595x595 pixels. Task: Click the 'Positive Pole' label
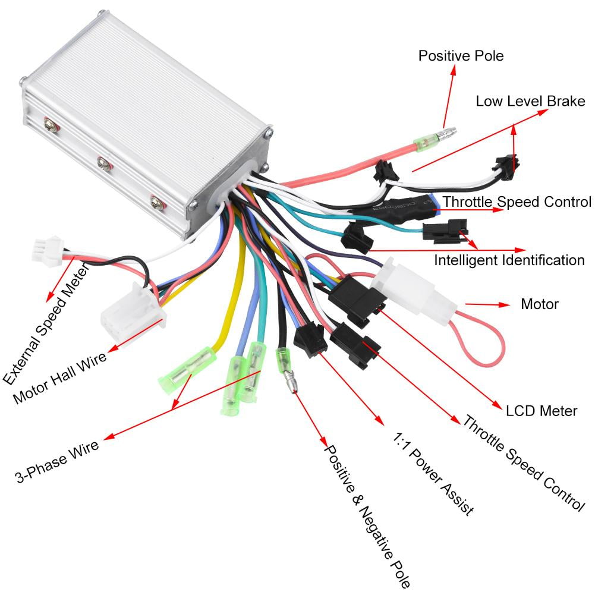pos(461,56)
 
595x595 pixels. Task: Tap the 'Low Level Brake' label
pos(530,100)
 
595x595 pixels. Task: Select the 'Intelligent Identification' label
pos(509,260)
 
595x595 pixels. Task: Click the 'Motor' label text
pos(540,304)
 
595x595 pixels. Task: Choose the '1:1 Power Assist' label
pos(433,473)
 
